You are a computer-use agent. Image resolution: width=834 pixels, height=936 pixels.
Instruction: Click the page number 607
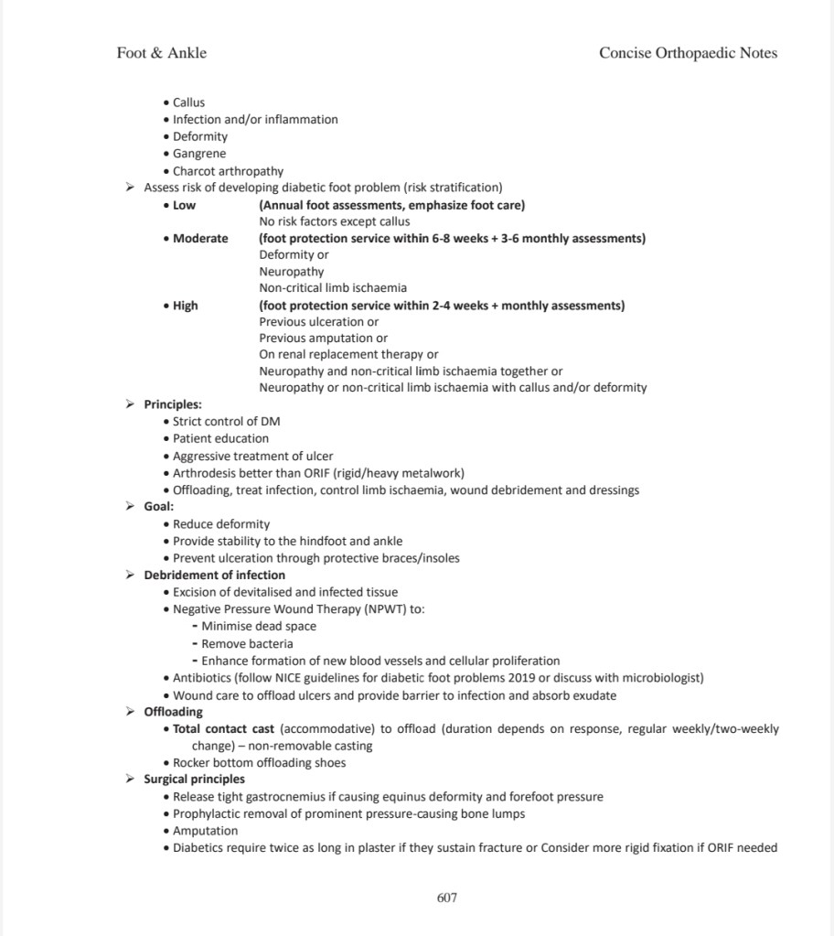coord(446,898)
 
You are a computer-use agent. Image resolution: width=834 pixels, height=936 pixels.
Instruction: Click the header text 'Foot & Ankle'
coord(162,53)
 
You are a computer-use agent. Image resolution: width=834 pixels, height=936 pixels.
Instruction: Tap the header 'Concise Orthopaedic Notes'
coord(688,53)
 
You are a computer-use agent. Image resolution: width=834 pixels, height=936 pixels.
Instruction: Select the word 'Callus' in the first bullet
coord(188,102)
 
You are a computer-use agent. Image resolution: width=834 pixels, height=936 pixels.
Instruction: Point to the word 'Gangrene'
coord(199,154)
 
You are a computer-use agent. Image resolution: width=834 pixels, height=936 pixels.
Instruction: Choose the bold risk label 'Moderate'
coord(200,239)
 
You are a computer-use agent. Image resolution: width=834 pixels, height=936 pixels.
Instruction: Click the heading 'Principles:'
coord(173,404)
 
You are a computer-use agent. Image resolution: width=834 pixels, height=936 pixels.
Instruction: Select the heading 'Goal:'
coord(159,506)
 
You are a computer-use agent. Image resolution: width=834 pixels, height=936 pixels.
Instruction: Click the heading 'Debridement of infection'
coord(214,575)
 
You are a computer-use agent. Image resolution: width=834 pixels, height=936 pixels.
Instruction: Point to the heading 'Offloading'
coord(174,712)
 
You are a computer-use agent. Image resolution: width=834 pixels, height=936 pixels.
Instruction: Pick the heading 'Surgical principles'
coord(194,780)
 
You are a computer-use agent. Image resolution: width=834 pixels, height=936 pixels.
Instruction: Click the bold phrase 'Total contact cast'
coord(224,729)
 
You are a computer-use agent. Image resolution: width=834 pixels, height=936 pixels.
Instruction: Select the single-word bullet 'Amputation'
coord(205,831)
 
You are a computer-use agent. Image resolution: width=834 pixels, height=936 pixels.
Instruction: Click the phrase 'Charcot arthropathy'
coord(228,171)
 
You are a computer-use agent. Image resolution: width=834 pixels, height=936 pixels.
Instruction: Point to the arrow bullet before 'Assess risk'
coord(130,188)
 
